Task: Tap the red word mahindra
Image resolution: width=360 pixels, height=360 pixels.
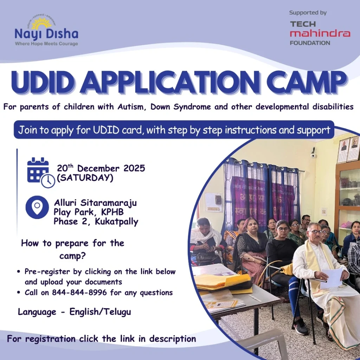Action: [x=320, y=33]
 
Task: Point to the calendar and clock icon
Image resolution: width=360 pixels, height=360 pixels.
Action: [x=41, y=172]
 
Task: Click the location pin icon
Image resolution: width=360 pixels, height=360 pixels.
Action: [x=37, y=207]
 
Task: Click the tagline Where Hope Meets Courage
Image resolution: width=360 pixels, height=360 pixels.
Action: [x=46, y=44]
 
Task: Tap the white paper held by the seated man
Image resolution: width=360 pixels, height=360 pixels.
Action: [x=330, y=278]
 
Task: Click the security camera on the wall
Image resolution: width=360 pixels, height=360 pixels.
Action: [x=313, y=154]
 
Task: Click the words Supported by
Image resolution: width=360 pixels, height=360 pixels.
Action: [x=308, y=13]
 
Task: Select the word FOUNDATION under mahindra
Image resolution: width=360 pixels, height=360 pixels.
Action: [x=310, y=43]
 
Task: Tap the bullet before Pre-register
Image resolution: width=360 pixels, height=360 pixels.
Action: [x=18, y=272]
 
